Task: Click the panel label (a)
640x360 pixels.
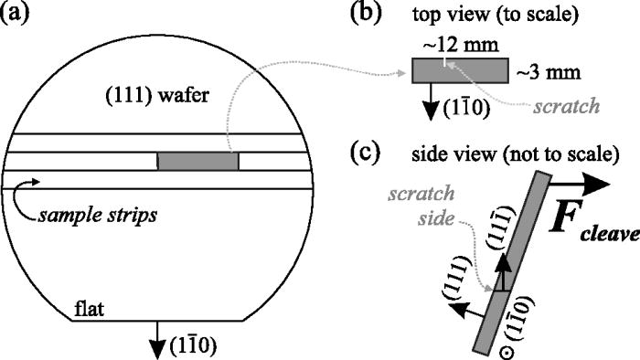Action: [x=20, y=16]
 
